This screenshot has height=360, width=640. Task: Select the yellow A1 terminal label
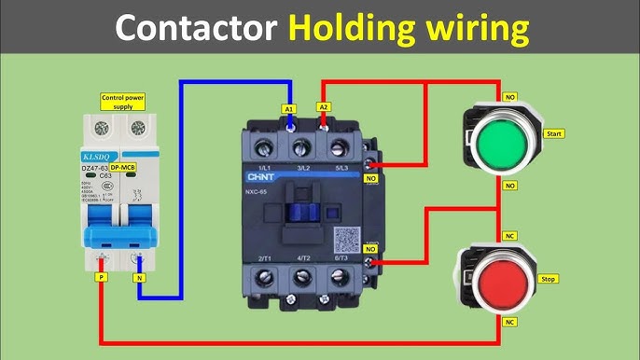point(288,109)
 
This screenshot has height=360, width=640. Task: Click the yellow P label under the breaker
point(101,277)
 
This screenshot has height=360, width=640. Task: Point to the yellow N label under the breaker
point(140,277)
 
